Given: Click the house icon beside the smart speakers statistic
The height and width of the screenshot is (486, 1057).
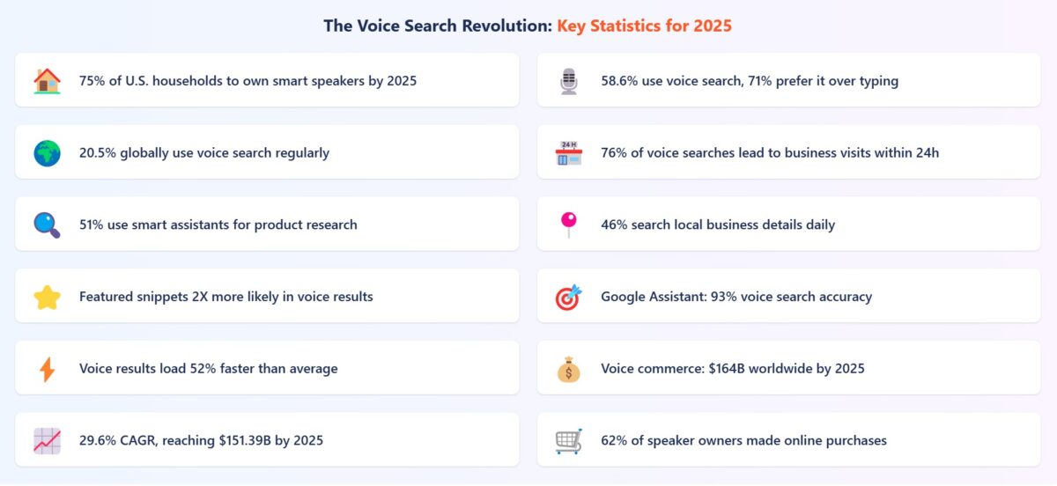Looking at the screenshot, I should [x=47, y=81].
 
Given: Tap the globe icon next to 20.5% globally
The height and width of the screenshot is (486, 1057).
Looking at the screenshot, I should [x=47, y=153].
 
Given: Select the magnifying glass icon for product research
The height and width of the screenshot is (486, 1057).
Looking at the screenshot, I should [x=47, y=225].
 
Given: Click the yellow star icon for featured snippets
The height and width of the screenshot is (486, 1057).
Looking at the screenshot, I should [x=47, y=298].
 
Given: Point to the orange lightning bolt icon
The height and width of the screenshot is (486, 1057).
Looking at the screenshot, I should [x=47, y=370].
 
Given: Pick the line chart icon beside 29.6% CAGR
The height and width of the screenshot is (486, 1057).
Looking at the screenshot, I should [x=47, y=441].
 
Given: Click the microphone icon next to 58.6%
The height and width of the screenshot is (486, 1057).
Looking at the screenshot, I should [x=569, y=81].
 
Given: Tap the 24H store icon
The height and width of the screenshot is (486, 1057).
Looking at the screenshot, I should [x=569, y=153].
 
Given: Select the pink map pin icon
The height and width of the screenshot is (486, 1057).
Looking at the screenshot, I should [x=569, y=225].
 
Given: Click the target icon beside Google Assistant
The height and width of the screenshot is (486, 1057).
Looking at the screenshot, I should [x=569, y=298].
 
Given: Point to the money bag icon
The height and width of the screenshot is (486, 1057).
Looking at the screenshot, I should [x=569, y=370].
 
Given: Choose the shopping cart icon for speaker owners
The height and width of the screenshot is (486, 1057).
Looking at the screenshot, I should [x=569, y=441].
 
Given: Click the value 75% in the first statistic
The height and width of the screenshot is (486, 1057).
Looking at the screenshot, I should [x=92, y=81].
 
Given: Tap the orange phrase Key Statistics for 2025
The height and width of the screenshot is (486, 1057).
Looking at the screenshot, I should [x=644, y=26].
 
